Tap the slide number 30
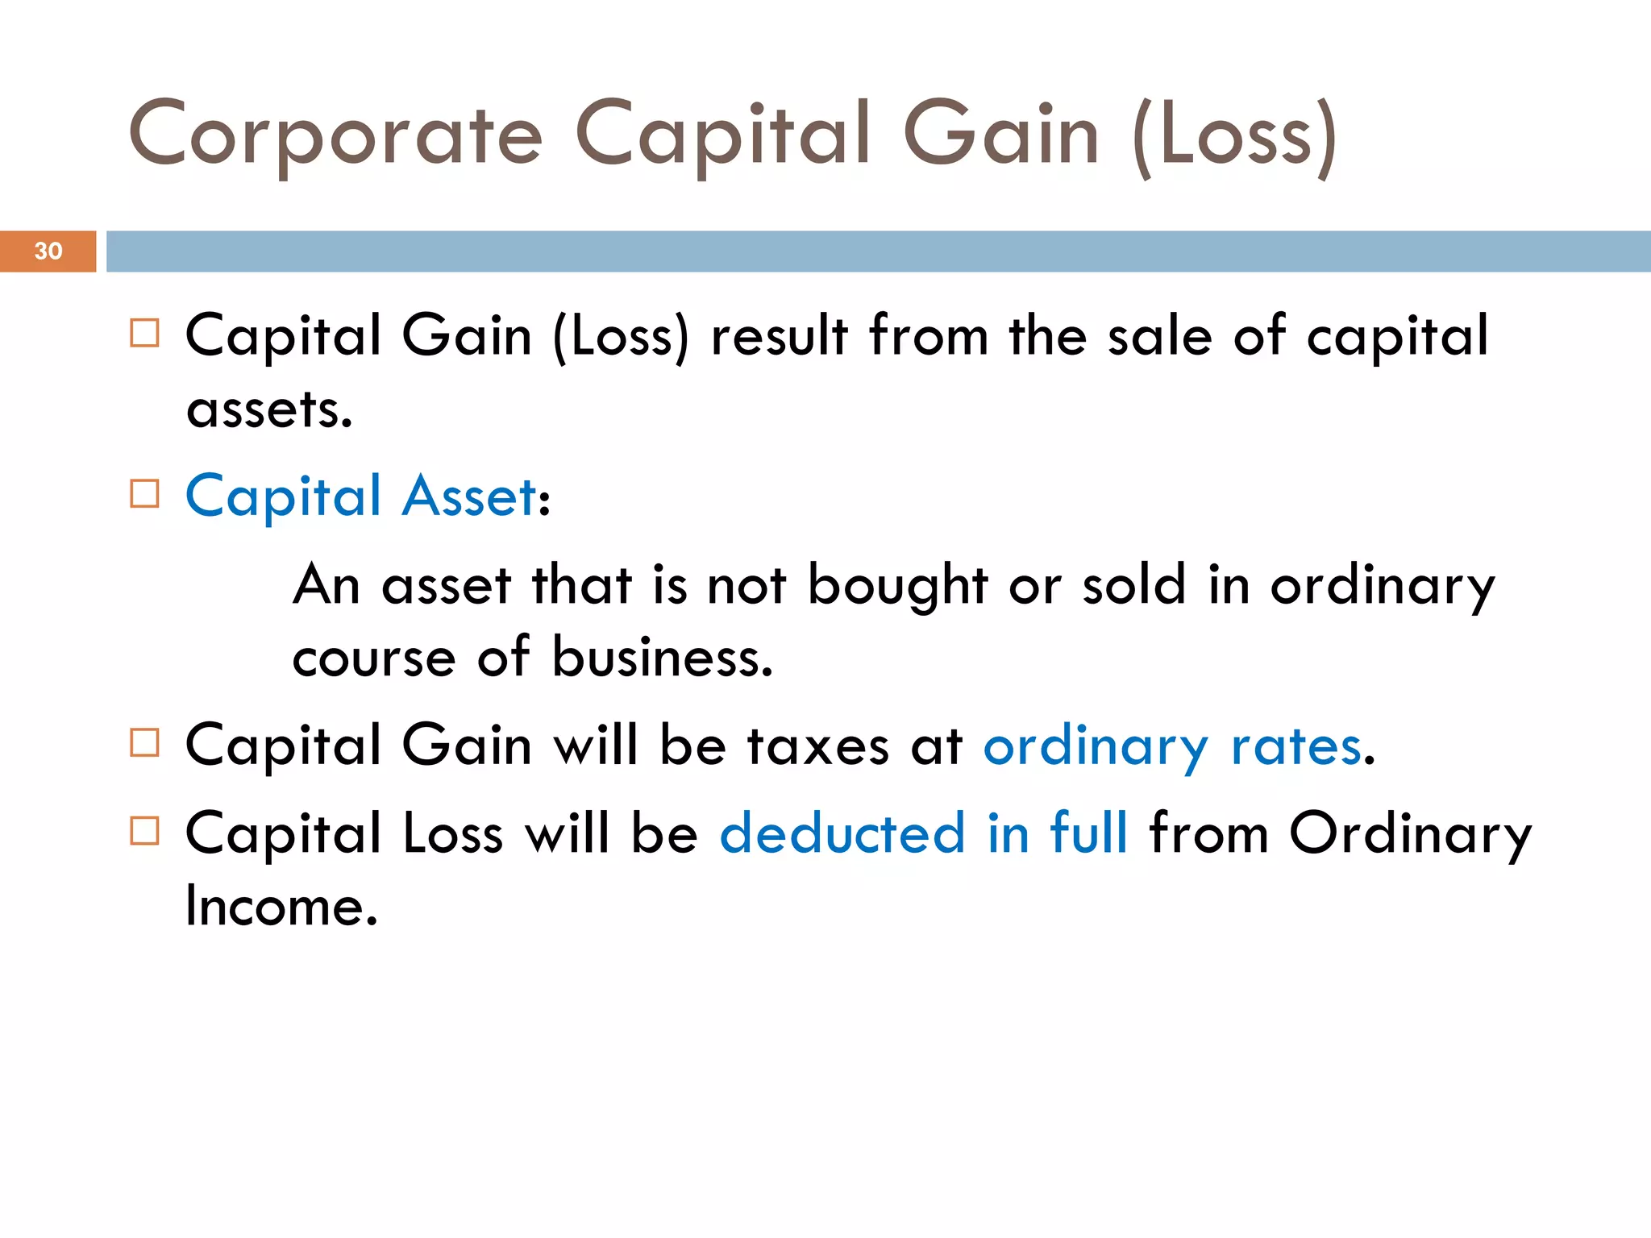tap(48, 251)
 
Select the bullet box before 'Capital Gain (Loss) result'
tap(144, 333)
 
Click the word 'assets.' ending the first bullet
tap(269, 409)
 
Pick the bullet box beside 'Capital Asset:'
tap(144, 493)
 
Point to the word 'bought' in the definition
tap(897, 585)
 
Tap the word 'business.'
tap(662, 658)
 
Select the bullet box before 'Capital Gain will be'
tap(144, 742)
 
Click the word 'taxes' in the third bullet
tap(817, 746)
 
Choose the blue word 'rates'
tap(1296, 746)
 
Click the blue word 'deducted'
tap(842, 833)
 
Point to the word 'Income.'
tap(281, 906)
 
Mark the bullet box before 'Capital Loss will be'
tap(144, 830)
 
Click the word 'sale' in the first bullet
tap(1159, 336)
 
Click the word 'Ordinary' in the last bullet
tap(1410, 835)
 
